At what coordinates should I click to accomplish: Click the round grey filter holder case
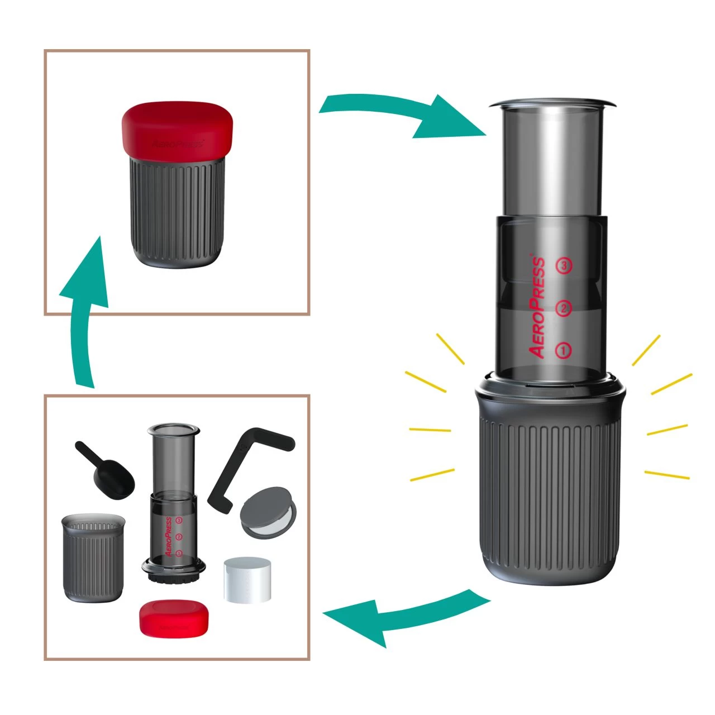point(267,513)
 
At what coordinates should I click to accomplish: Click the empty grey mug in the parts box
point(92,559)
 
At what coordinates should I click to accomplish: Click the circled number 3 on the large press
point(564,265)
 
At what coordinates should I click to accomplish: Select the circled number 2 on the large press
point(564,308)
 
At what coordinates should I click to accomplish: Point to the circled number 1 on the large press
point(564,350)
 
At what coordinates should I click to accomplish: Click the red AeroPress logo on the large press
point(537,307)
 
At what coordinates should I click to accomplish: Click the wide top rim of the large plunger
point(552,104)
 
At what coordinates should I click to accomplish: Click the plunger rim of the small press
point(173,430)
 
